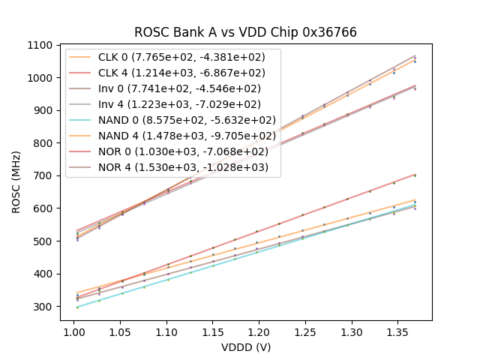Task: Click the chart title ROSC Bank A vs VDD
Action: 245,32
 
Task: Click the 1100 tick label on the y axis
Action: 42,45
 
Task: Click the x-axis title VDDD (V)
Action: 245,347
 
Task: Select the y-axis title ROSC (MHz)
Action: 16,183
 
